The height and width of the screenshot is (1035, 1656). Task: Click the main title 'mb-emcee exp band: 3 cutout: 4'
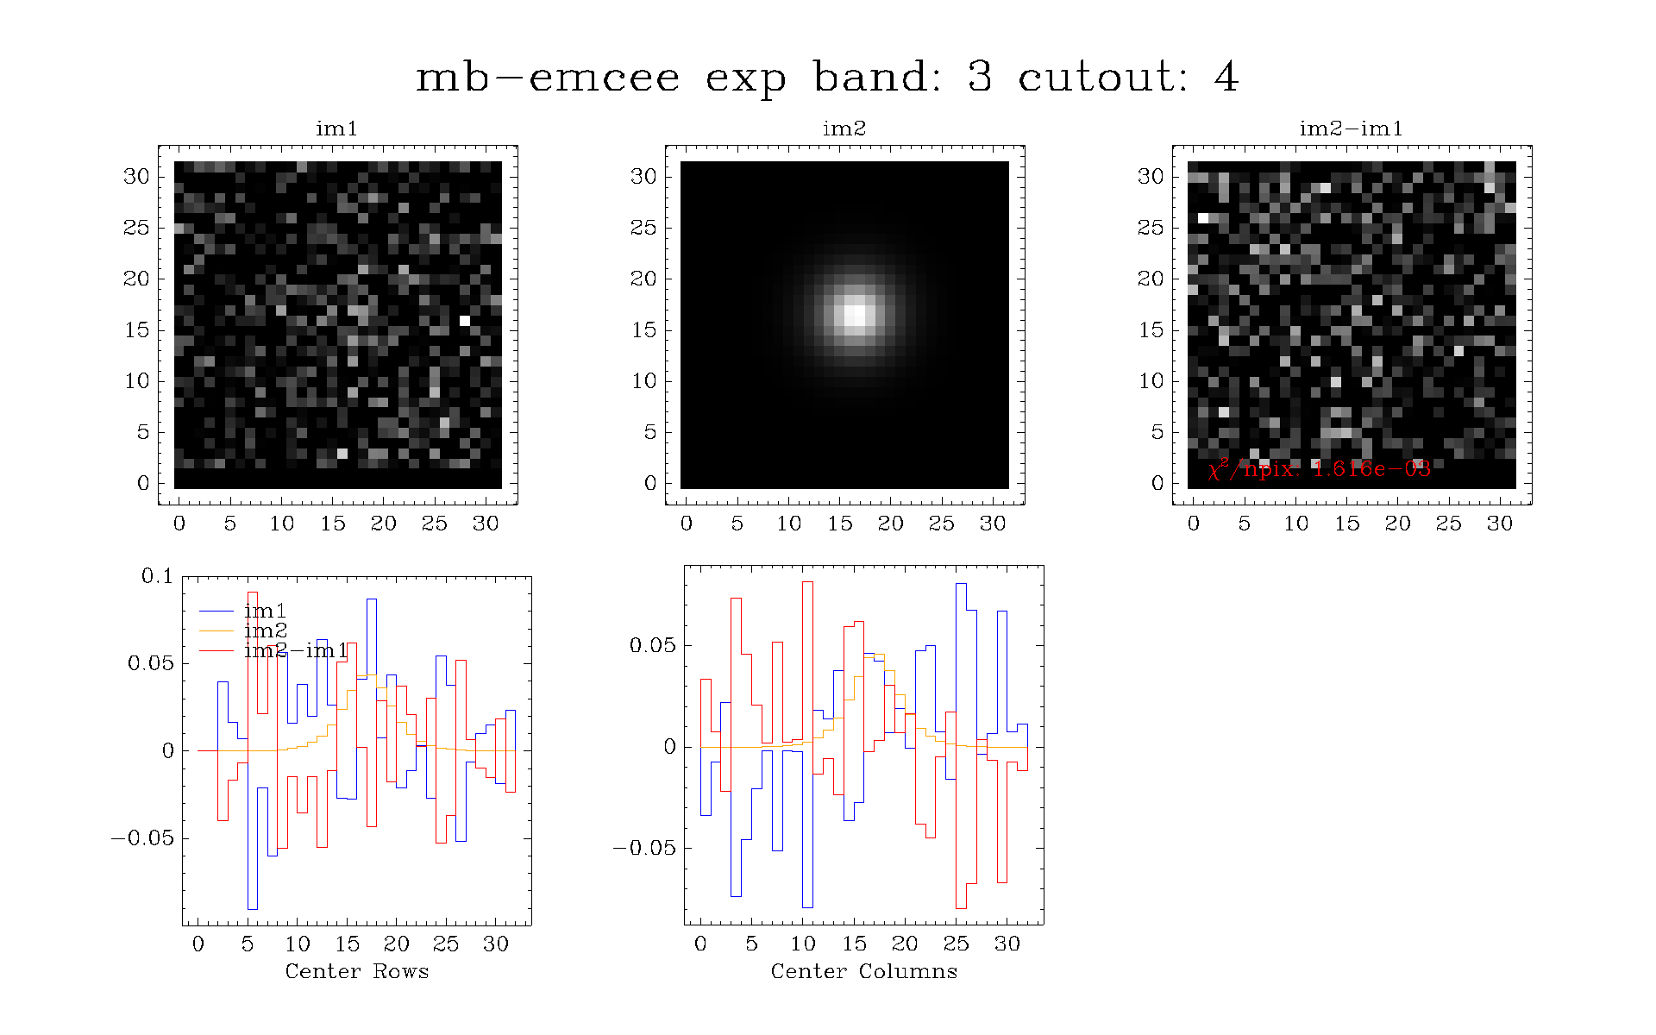coord(827,78)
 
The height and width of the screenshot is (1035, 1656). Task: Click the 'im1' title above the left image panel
coord(336,129)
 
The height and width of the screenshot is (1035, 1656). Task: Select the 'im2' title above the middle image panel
coord(844,129)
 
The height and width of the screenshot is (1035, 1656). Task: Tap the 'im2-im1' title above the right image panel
coord(1352,129)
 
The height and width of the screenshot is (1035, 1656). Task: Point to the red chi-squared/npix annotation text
coord(1320,468)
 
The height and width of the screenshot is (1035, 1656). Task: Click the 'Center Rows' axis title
coord(357,971)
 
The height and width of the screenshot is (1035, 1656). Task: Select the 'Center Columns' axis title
coord(864,971)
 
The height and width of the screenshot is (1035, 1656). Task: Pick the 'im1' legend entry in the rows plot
coord(265,612)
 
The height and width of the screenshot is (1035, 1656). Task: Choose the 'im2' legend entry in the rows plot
coord(265,630)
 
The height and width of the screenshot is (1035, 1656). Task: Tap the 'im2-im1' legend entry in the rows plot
coord(296,650)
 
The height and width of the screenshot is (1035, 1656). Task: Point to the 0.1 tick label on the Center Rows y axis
coord(158,576)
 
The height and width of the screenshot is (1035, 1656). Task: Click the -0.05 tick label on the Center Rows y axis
coord(142,838)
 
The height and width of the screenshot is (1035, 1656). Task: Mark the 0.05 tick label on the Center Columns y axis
coord(653,646)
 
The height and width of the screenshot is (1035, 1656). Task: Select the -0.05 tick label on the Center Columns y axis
coord(644,849)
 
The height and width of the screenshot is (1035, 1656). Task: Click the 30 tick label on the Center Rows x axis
coord(496,944)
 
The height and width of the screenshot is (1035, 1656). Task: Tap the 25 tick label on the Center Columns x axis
coord(956,944)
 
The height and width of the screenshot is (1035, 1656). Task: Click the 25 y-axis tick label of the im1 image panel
coord(137,228)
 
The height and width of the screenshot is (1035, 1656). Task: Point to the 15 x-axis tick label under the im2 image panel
coord(840,524)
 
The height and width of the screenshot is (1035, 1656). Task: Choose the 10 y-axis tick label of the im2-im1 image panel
coord(1151,381)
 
